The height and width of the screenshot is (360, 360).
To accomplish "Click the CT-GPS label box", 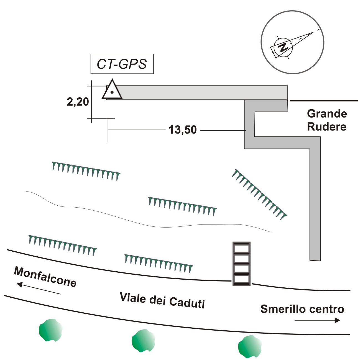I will coord(122,64).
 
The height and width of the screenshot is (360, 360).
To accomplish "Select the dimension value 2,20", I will coord(78,102).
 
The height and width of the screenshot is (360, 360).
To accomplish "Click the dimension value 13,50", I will coord(183,130).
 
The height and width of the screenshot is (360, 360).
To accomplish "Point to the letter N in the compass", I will coord(283,47).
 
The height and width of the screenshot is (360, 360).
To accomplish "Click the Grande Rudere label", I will coord(327,120).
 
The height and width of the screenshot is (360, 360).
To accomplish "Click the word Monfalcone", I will coord(45,277).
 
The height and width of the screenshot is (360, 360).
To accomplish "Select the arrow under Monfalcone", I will coord(39,288).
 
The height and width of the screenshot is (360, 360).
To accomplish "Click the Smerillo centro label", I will coord(302,309).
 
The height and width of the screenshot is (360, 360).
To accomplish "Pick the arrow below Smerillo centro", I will coord(317,320).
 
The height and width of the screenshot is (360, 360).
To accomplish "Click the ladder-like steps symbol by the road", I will coord(241,264).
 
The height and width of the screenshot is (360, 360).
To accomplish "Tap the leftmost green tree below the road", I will coord(50,330).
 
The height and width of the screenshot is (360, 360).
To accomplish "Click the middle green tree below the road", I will coord(143,341).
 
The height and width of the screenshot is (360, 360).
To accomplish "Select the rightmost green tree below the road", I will coord(250,346).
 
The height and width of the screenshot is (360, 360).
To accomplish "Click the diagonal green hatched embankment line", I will coord(259,194).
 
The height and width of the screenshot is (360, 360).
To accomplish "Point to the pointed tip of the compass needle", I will coord(313,32).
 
